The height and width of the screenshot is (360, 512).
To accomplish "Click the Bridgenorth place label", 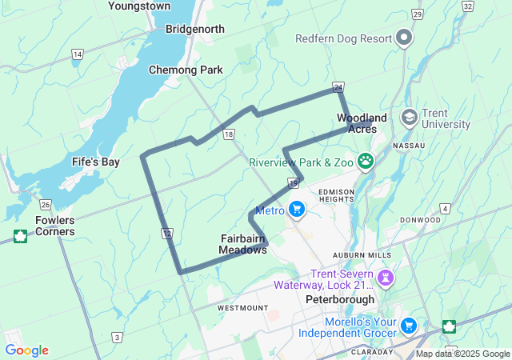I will coord(195,29).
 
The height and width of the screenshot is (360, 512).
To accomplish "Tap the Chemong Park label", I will coord(186,70).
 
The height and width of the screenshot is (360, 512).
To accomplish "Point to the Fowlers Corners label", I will coord(55,226).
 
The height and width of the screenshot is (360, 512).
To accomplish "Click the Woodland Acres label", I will coord(362,123).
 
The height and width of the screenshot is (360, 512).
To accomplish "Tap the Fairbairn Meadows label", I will coord(243,244).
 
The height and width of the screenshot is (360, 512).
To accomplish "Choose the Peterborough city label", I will coord(340,299).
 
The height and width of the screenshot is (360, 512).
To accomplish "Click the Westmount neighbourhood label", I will coord(242,307).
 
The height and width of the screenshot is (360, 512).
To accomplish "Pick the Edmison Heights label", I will coord(342,196).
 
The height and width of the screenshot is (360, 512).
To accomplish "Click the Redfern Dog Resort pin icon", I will coord(405,38).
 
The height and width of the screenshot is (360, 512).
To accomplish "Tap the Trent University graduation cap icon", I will coord(410,118).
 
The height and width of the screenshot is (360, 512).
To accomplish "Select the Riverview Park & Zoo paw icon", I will coord(366,162).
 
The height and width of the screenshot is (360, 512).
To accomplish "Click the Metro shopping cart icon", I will coord(297,210).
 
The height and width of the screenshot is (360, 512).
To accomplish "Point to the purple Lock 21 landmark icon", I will coord(386,278).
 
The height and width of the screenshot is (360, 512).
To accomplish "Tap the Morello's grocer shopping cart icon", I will coord(409,326).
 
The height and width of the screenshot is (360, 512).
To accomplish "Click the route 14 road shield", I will coord(77,54).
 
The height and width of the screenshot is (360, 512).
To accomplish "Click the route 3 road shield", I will coord(118,338).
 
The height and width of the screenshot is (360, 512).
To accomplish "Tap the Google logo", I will coord(26,350).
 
